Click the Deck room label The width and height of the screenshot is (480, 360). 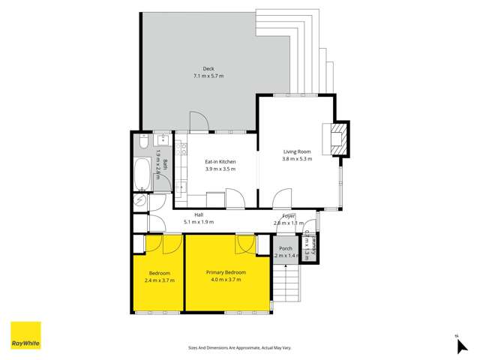click(198, 69)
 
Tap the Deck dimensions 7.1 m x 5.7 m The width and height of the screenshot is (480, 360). click(198, 76)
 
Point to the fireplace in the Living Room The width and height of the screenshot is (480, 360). click(338, 139)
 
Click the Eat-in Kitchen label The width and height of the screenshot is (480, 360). click(220, 162)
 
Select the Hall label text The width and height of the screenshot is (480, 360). click(199, 214)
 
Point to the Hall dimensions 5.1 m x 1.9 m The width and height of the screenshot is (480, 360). click(199, 222)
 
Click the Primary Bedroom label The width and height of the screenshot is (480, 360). click(226, 273)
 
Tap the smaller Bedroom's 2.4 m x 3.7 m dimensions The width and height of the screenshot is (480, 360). click(160, 280)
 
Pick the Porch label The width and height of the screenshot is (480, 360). click(285, 248)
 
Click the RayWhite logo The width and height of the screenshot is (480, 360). click(25, 336)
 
